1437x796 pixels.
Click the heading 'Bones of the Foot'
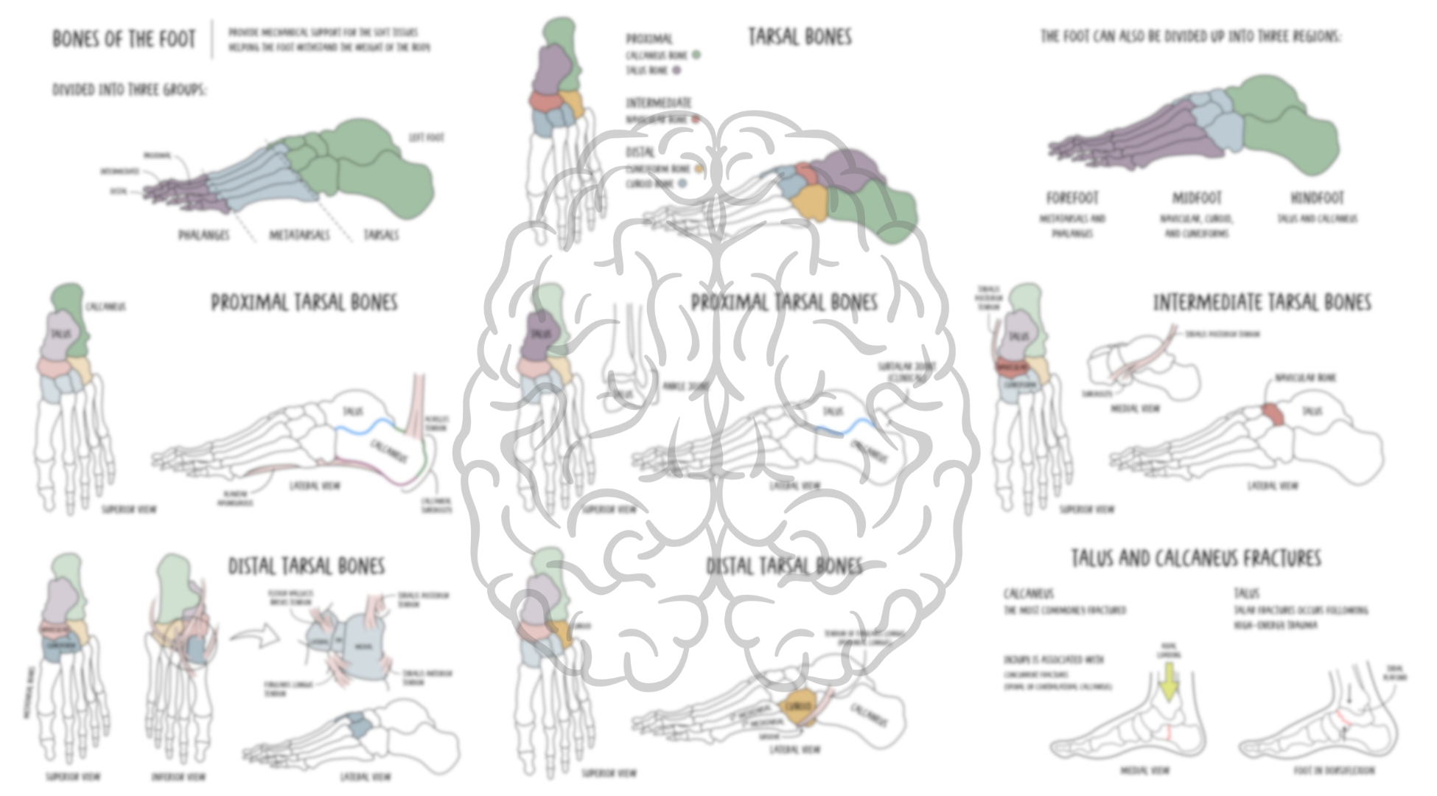click(124, 38)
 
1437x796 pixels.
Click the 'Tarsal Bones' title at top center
click(800, 37)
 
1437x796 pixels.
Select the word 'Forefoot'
click(1072, 198)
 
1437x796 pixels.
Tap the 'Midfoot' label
click(1197, 198)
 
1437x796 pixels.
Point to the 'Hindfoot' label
click(1317, 198)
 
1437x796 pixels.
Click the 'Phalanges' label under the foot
click(203, 235)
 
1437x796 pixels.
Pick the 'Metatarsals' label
click(299, 235)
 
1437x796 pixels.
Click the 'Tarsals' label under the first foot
click(381, 235)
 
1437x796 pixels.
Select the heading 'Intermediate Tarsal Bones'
click(1262, 303)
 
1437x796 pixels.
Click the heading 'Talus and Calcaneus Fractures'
click(1195, 559)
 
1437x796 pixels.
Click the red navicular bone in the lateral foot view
click(1273, 414)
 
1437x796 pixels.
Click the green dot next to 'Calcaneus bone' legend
click(696, 55)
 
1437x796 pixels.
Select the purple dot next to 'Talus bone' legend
click(676, 71)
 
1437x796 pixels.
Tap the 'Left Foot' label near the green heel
click(426, 138)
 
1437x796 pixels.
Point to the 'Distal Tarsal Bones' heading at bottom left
click(306, 566)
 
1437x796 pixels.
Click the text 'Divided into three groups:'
click(130, 90)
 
